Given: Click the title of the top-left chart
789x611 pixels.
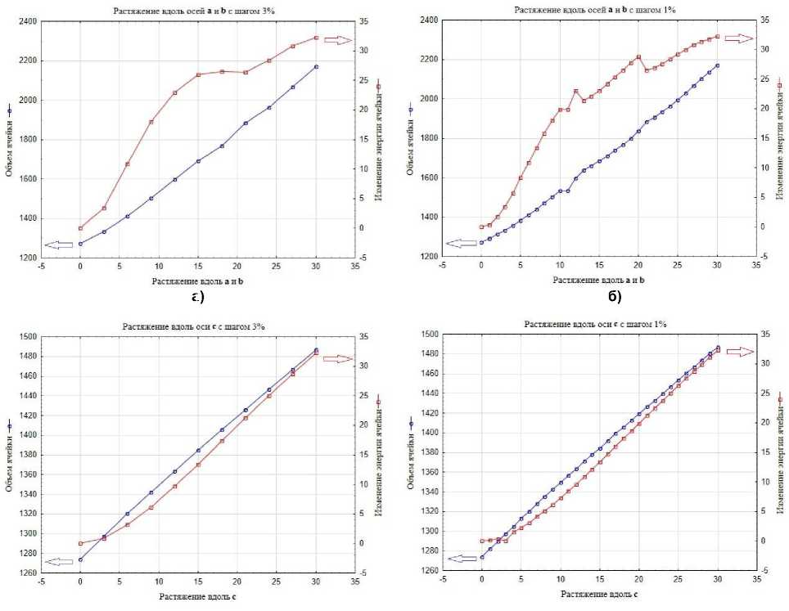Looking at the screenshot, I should pos(194,10).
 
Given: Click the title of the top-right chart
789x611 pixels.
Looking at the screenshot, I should pos(595,9).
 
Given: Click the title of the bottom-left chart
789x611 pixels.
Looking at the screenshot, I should pos(194,326).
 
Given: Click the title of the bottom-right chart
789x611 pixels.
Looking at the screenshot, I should pos(595,324).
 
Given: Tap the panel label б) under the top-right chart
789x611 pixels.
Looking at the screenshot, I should pos(614,296).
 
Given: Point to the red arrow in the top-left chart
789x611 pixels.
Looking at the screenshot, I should pos(336,38).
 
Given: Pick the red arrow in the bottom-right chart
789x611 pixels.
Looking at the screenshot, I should pos(740,352).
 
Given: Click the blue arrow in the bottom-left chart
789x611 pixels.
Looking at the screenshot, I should pos(58,561).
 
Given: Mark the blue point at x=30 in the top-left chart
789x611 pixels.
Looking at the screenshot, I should pos(316,67).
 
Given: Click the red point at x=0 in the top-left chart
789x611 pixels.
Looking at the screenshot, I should pos(80,228).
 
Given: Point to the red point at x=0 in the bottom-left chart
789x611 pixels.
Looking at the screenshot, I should pos(80,543).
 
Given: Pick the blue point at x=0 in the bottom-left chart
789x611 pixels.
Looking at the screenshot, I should pos(80,559).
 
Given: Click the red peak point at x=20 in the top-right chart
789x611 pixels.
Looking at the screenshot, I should pos(638,57).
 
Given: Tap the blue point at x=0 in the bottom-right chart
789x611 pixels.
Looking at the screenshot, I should pos(481,558).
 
